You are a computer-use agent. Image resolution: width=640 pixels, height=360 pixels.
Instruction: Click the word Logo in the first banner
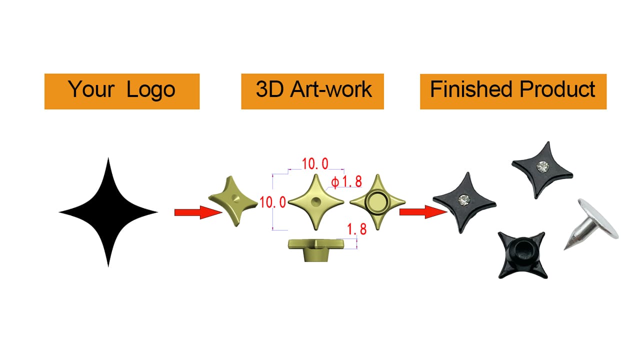tap(150, 90)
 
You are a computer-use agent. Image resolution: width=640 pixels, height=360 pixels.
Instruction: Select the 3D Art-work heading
tap(313, 90)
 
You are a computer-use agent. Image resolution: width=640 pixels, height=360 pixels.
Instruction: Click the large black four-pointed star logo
tap(108, 212)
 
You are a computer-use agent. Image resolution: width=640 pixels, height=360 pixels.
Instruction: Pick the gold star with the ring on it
tap(376, 202)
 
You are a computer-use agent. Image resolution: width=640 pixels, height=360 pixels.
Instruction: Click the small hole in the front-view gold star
tap(316, 202)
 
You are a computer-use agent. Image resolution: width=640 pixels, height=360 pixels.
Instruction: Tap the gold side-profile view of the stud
tap(317, 248)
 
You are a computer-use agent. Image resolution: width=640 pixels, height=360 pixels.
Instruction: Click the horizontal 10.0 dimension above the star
tap(315, 163)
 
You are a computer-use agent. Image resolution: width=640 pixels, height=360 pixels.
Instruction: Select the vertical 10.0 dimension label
tap(273, 202)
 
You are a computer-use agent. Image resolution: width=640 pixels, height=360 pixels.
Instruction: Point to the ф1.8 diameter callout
tap(346, 181)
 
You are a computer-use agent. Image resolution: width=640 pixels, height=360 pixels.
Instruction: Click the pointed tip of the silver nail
tap(566, 248)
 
